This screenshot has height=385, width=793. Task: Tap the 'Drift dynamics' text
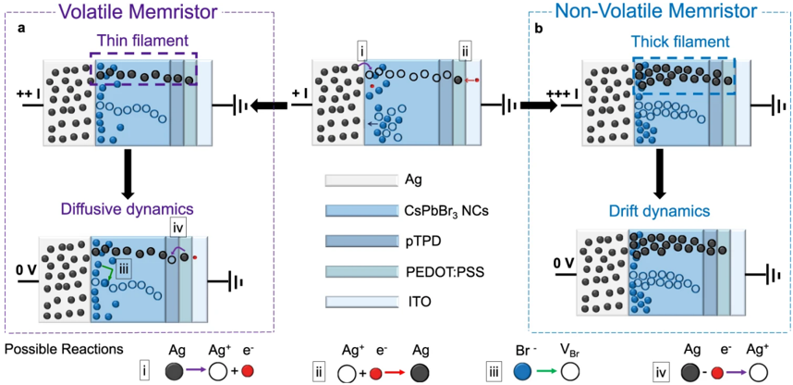click(659, 212)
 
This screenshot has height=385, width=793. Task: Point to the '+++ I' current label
click(557, 94)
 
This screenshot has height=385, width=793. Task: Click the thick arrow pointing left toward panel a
click(268, 105)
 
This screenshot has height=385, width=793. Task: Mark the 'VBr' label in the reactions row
click(570, 352)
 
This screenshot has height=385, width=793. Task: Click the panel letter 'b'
click(539, 29)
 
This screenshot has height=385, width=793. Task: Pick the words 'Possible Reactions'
click(64, 351)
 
